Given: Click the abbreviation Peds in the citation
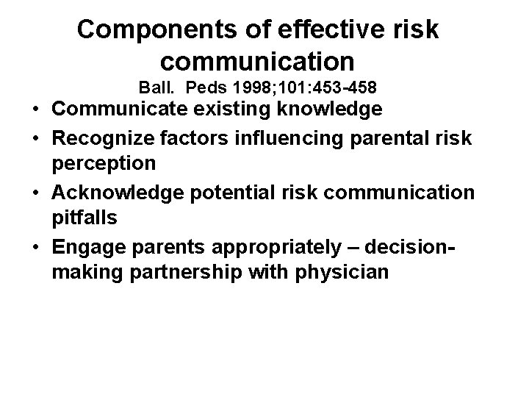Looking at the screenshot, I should click(206, 87).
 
